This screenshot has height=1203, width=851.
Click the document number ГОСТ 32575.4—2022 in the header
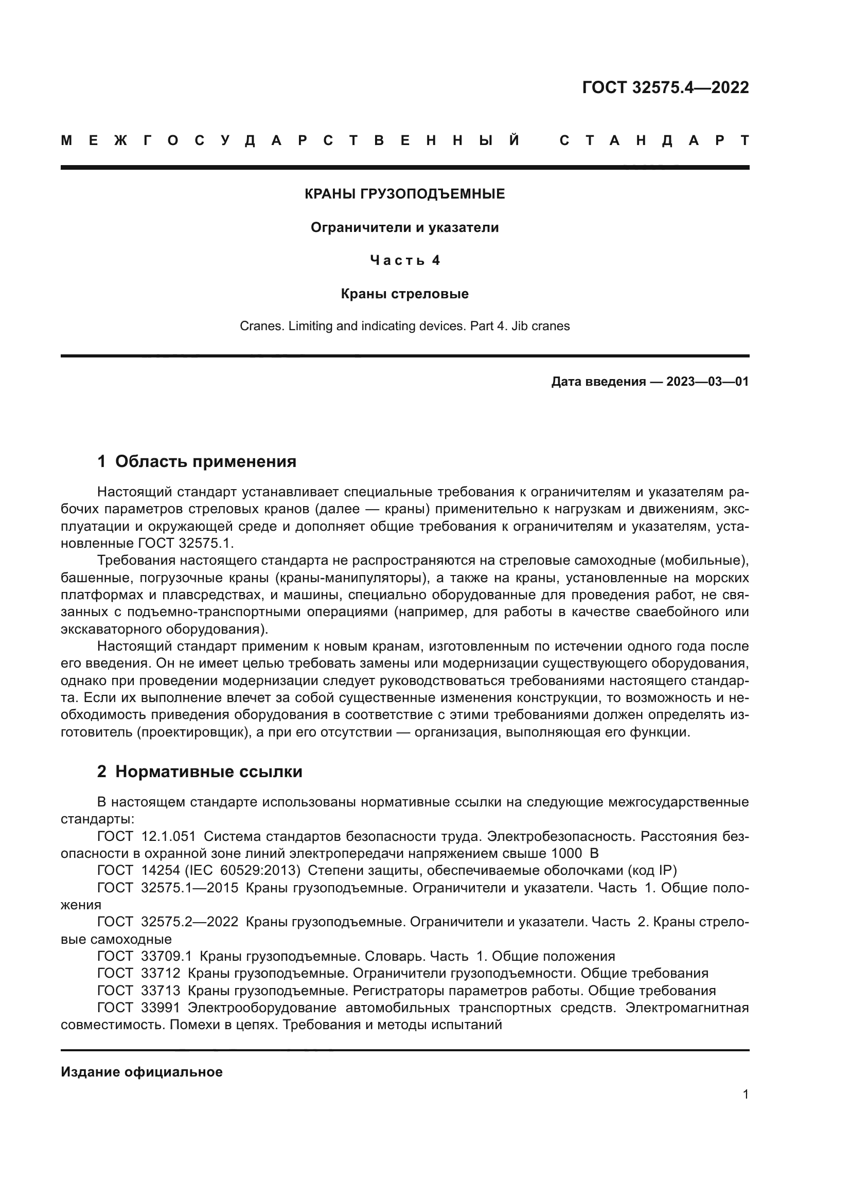tap(665, 87)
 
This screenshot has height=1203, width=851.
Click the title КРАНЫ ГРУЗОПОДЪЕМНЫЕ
tap(404, 194)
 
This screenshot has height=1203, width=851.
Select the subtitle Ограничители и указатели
tap(404, 227)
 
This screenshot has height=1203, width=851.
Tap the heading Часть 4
tap(404, 260)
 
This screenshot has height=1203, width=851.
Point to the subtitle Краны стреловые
tap(404, 294)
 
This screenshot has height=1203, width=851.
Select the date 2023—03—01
tap(707, 382)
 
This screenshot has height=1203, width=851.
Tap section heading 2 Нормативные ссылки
tap(200, 772)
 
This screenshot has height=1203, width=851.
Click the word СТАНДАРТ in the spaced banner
tap(654, 140)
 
